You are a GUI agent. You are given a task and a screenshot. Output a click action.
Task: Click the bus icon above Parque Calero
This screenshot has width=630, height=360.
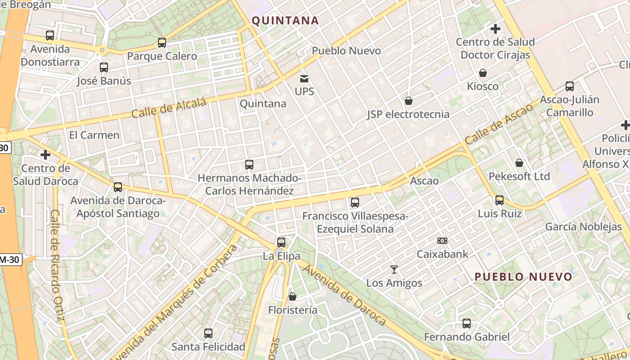tap(162, 43)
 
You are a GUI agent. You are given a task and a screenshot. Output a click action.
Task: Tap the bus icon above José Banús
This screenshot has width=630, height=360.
tap(104, 67)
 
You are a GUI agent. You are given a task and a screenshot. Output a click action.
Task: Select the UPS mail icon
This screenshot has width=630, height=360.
tap(304, 79)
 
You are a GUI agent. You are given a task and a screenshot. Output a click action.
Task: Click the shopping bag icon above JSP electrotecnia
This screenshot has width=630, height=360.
tap(409, 101)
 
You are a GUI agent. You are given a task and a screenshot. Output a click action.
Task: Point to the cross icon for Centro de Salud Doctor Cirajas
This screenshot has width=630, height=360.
tap(495, 29)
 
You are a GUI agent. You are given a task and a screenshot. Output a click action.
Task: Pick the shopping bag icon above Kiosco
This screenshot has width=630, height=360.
tap(483, 73)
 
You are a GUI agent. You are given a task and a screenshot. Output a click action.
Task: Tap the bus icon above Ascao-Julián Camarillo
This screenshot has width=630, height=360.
tap(570, 86)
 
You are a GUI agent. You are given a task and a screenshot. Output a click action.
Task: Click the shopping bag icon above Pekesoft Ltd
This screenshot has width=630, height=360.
tap(519, 163)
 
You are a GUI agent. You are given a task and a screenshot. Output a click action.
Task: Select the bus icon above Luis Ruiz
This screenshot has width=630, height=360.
tap(499, 200)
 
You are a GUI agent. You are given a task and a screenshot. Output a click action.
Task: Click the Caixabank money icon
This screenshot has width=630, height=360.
tap(442, 241)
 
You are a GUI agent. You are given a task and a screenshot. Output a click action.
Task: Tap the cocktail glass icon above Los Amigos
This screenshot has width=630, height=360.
tap(394, 270)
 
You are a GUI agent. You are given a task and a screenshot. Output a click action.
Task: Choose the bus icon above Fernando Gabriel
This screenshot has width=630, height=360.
tap(467, 324)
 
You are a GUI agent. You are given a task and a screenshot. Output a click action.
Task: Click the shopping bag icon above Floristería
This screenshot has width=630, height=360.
tap(292, 297)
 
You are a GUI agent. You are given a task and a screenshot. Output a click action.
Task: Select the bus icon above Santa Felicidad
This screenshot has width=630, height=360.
tap(208, 333)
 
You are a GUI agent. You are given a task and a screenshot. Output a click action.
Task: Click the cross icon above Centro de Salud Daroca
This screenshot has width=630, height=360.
tap(45, 155)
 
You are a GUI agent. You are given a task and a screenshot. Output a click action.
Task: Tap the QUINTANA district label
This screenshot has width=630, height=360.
tap(285, 20)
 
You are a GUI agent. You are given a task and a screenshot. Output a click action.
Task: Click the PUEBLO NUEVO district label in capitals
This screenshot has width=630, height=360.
tap(523, 277)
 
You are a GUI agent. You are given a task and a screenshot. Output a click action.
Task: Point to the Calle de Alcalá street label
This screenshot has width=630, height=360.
tap(169, 108)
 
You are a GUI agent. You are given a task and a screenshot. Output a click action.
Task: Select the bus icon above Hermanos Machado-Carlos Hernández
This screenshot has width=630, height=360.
tap(249, 165)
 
